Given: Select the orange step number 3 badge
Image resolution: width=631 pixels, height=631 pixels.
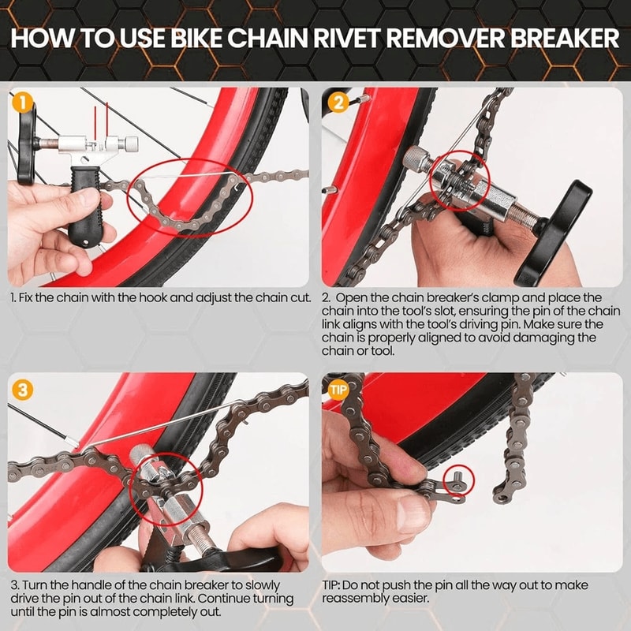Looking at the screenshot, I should click(x=23, y=388).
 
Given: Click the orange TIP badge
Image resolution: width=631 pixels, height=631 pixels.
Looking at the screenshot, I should click(x=338, y=388).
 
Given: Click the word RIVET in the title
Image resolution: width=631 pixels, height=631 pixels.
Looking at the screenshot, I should click(x=347, y=39).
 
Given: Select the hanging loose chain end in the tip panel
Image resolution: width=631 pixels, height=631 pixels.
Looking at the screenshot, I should click(x=517, y=442).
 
